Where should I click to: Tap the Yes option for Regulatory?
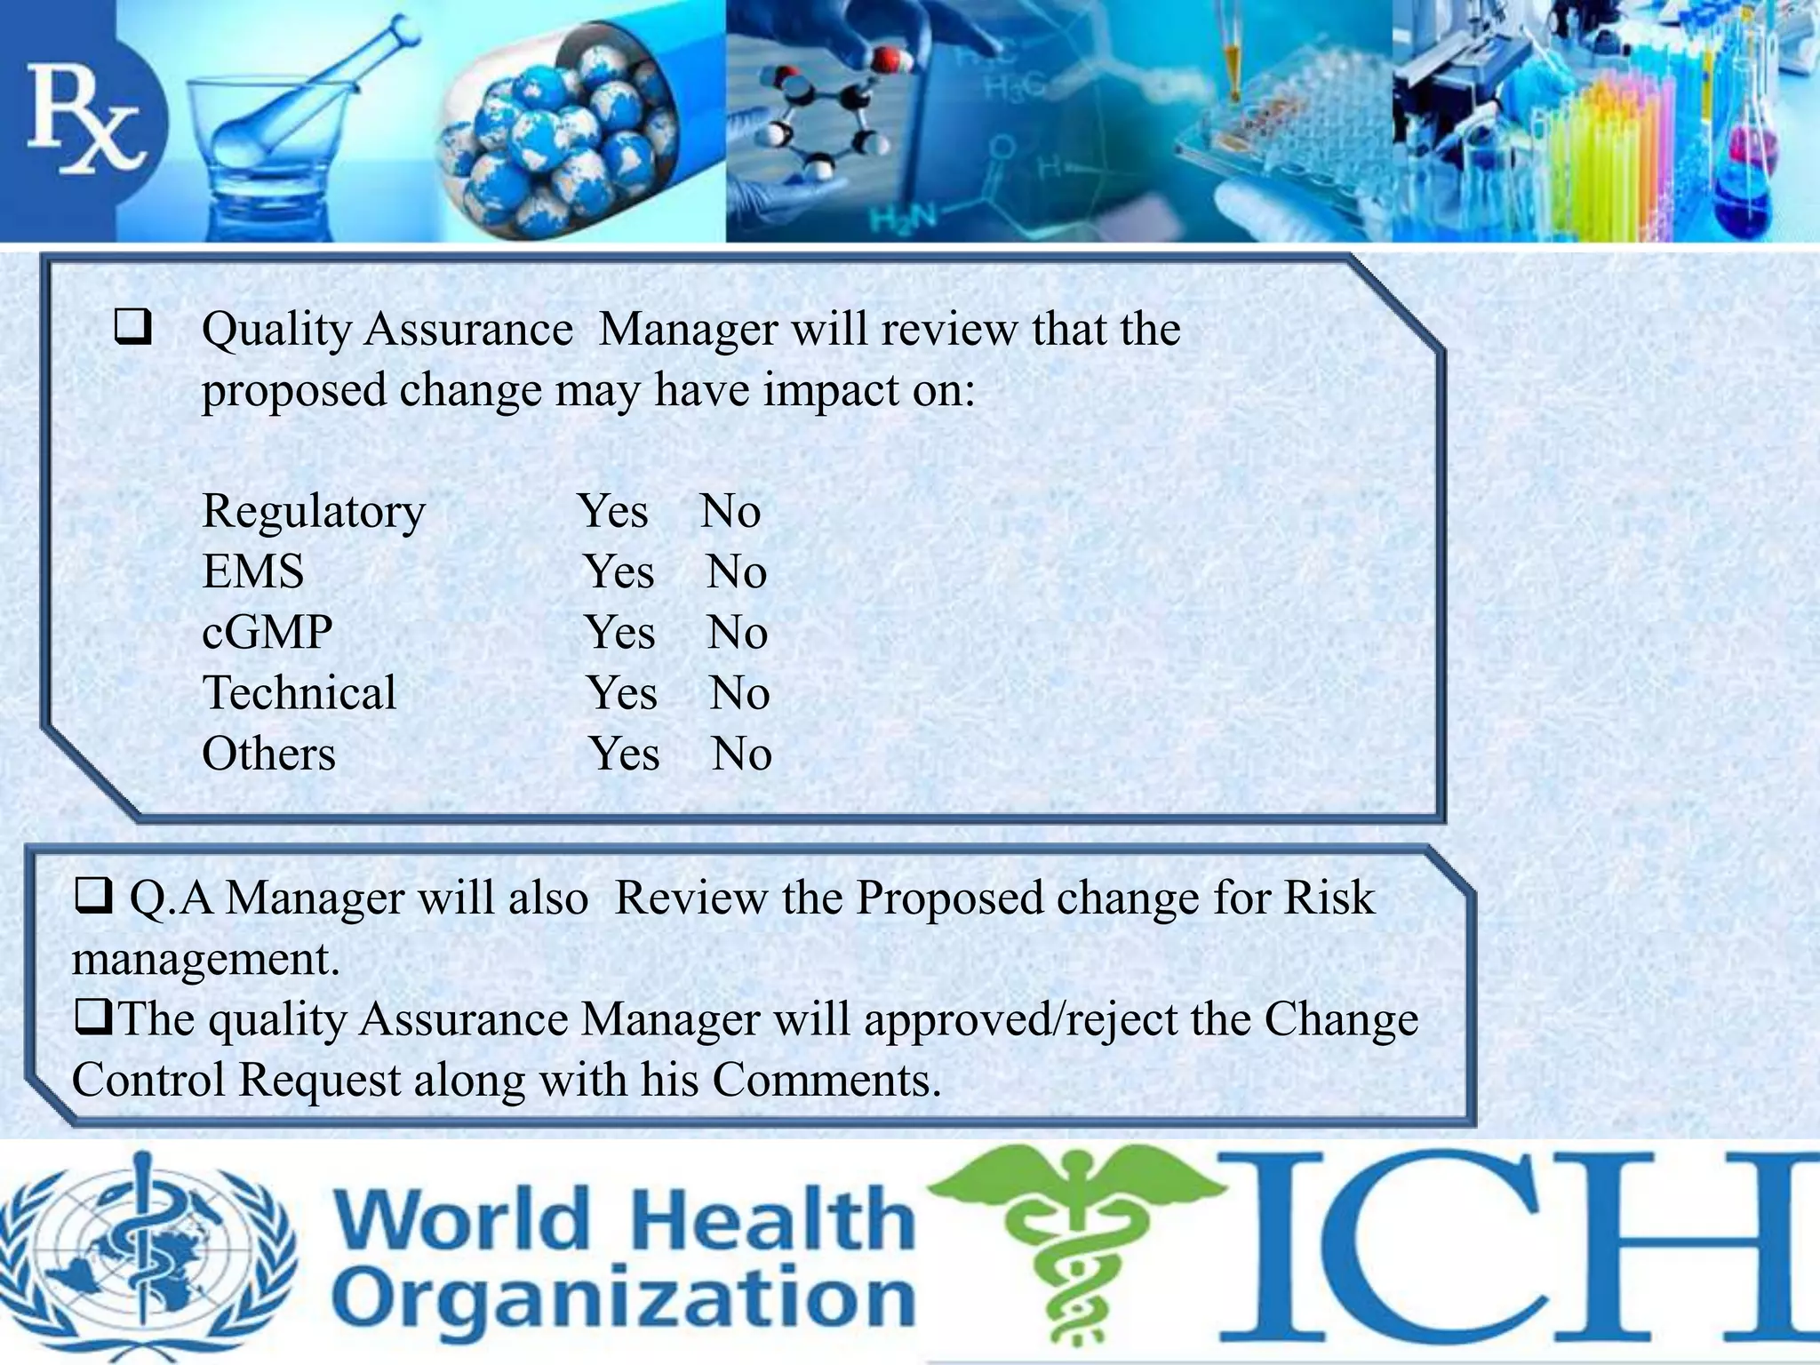point(613,512)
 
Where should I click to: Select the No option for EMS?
point(737,572)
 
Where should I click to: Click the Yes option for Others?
point(625,754)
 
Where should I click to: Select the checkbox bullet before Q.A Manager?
point(92,896)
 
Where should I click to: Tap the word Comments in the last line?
point(826,1081)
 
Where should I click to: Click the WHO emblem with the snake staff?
point(148,1253)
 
